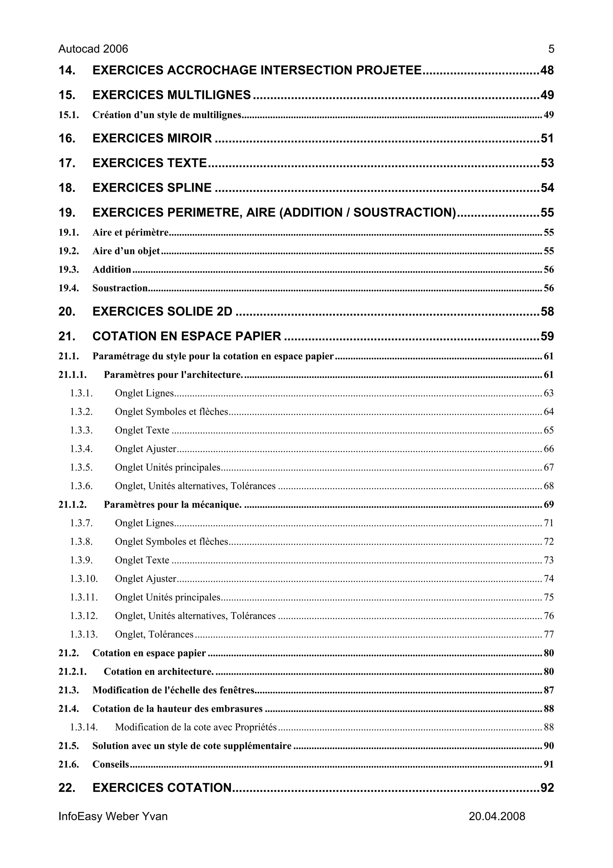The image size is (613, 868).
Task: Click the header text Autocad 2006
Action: [x=93, y=49]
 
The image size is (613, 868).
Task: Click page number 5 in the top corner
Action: [x=551, y=49]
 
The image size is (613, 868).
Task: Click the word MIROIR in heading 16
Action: [x=189, y=138]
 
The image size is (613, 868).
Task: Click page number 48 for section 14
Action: [x=547, y=70]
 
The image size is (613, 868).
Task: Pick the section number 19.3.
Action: [x=68, y=270]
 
